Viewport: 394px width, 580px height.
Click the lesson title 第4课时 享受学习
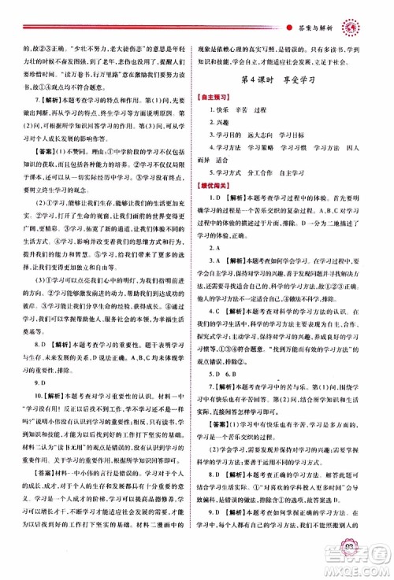295,79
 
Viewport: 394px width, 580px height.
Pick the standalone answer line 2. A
229,268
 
